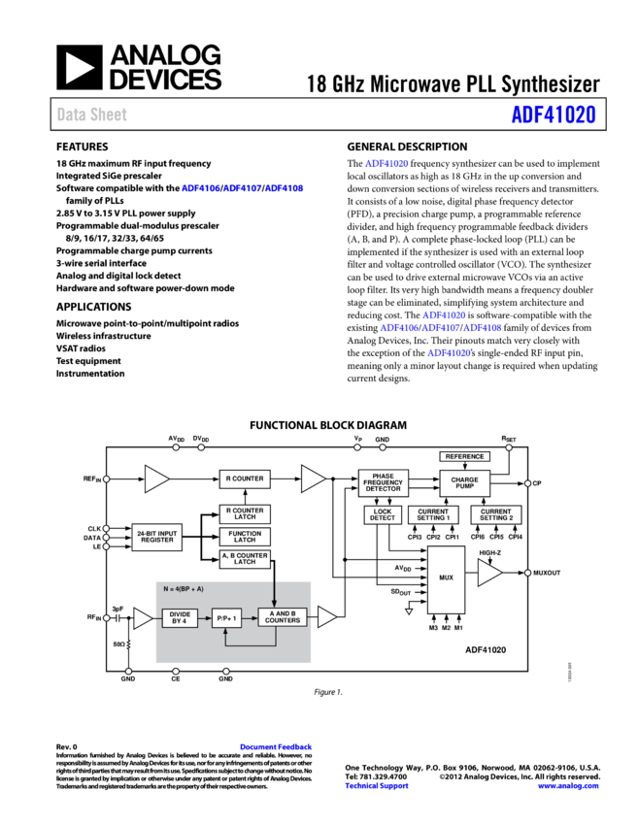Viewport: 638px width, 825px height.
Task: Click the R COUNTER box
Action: tap(245, 478)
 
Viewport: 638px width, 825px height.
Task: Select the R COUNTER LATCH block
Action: tap(245, 514)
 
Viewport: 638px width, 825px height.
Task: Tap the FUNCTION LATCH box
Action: tap(245, 537)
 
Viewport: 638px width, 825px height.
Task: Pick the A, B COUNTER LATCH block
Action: tap(245, 559)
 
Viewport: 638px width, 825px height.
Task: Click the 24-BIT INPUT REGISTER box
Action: tap(156, 537)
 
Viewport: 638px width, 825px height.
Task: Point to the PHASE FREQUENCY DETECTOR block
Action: tap(383, 482)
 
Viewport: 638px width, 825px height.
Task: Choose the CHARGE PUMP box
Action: tap(464, 482)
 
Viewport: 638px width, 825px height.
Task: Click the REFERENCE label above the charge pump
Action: tap(464, 456)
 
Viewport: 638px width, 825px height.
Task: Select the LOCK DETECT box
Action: tap(383, 514)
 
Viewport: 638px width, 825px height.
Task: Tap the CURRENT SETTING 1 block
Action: tap(433, 514)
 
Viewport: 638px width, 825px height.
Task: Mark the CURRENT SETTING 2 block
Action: tap(495, 514)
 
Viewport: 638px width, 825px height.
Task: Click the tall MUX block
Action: tap(446, 578)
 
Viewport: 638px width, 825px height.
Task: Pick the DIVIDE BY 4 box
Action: tap(180, 617)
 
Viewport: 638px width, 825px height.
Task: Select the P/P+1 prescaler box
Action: tap(226, 617)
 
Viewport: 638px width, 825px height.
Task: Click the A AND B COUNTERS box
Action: tap(283, 617)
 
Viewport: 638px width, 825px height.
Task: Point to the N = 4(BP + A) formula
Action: tap(184, 589)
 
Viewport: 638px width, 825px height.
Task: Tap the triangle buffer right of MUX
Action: tap(488, 573)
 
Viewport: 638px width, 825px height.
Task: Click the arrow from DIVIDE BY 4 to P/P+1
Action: tap(205, 617)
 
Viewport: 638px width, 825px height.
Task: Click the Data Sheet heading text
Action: tap(92, 115)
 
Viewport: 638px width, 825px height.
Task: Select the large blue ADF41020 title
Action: tap(554, 115)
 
